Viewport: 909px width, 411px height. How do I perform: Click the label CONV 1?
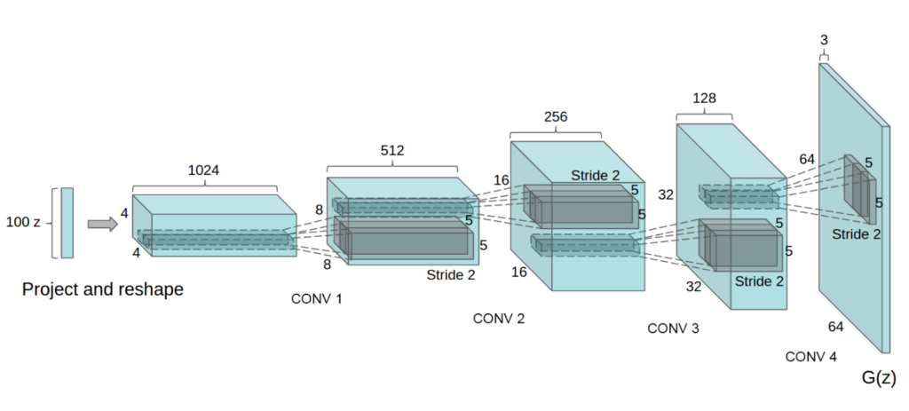(x=316, y=299)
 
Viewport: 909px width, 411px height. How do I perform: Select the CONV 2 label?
(x=498, y=318)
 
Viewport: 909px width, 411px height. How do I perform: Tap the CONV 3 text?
(x=673, y=328)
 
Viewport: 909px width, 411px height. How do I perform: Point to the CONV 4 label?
(x=810, y=357)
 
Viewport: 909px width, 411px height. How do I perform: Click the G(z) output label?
(x=878, y=377)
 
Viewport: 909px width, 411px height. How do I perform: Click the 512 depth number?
(x=392, y=151)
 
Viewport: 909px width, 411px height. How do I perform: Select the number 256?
(x=556, y=117)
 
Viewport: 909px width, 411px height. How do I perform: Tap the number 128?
(x=705, y=99)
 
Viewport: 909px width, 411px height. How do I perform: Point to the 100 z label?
(x=24, y=222)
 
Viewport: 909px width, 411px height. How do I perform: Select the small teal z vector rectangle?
(x=67, y=222)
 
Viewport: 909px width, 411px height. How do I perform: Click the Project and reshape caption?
(x=102, y=289)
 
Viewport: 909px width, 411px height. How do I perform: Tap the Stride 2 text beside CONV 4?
(x=857, y=235)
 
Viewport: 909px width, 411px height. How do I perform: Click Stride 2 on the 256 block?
(x=596, y=175)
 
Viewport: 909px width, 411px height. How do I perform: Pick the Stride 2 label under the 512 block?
(x=451, y=275)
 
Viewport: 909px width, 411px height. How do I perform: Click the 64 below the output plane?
(x=835, y=327)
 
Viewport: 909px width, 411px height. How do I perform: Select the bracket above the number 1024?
(x=205, y=187)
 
